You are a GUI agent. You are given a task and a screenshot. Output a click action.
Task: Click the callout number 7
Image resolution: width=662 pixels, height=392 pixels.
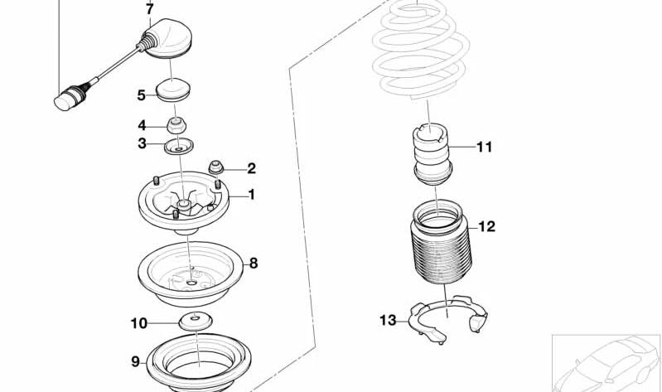[x=149, y=10]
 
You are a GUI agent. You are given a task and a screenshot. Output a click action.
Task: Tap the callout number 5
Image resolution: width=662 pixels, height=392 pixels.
[x=142, y=95]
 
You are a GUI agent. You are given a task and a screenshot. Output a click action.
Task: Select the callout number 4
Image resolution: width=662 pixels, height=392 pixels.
[x=142, y=126]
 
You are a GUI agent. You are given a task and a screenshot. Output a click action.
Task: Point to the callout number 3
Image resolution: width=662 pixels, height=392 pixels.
[x=142, y=143]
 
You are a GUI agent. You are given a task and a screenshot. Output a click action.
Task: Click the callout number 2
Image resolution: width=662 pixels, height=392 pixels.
[x=251, y=168]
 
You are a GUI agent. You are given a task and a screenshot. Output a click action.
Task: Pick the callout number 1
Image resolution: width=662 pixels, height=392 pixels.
[x=251, y=196]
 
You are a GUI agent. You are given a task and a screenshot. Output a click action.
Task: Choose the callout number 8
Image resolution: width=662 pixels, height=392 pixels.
[x=254, y=263]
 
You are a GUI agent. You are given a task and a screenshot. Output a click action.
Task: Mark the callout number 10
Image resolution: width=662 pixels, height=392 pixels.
[x=138, y=322]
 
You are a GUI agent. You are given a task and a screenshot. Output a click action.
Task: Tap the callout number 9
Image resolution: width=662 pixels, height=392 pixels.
[x=135, y=361]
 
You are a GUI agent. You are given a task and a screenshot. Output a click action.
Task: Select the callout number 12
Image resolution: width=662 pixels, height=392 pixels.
[x=486, y=226]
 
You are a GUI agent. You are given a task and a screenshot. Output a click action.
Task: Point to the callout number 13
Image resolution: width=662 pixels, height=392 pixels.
[x=388, y=320]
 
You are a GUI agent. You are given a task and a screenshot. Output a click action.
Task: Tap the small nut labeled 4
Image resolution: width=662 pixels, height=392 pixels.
[x=176, y=127]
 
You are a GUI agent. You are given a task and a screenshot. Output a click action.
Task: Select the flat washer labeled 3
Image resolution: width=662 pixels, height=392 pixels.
[x=176, y=148]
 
